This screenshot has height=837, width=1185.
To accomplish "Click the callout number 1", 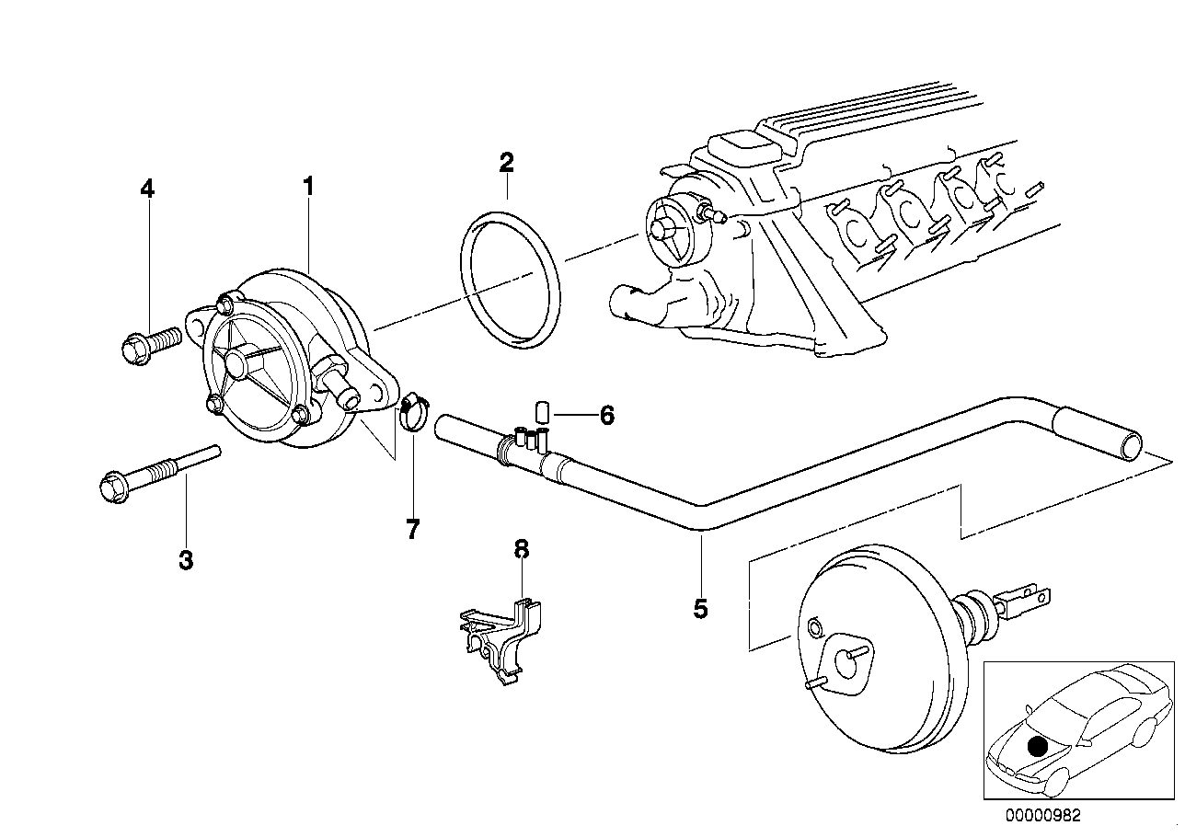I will [x=309, y=187].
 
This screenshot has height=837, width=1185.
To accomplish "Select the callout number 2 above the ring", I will [x=506, y=164].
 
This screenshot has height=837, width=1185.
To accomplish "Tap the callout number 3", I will [x=186, y=559].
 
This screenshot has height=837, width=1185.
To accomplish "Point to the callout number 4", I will [x=147, y=189].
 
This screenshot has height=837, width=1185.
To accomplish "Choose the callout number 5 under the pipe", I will [x=700, y=608].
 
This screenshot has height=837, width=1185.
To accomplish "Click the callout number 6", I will [x=606, y=416].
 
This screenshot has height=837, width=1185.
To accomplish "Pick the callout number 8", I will [x=522, y=550].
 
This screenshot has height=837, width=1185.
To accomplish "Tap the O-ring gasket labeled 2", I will [x=511, y=281].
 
